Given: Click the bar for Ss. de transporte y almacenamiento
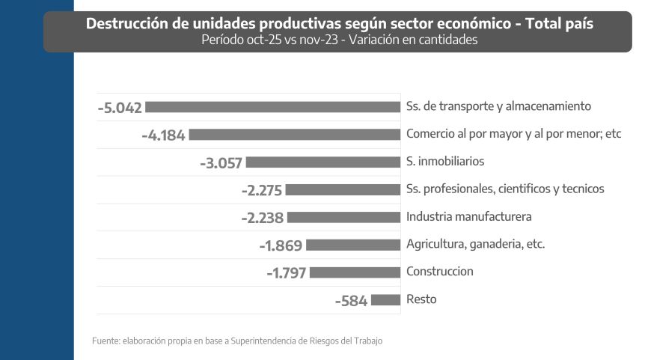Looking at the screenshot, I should [273, 107].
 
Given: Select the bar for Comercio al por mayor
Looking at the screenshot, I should [295, 135].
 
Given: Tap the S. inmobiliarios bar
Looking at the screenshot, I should [323, 162].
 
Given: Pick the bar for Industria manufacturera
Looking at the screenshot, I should [344, 217].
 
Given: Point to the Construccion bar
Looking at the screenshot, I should [355, 272].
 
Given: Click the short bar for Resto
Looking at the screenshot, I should [386, 300].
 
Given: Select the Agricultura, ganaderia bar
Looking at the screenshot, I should [353, 245].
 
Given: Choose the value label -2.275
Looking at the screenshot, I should [261, 190].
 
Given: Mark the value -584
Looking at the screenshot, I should [352, 301].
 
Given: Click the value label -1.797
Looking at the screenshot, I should [286, 273].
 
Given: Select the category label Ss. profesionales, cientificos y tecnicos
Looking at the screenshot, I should [505, 189].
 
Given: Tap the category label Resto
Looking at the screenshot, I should [421, 299].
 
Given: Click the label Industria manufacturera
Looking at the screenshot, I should [468, 216].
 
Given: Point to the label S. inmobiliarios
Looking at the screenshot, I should [445, 161].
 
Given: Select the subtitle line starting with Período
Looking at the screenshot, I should [339, 40].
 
